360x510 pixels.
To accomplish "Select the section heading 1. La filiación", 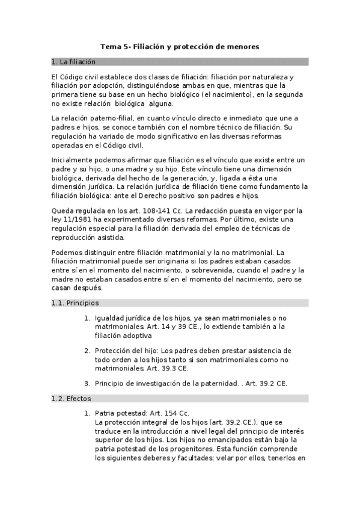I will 73,62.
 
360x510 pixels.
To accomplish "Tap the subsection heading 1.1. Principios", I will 75,303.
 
